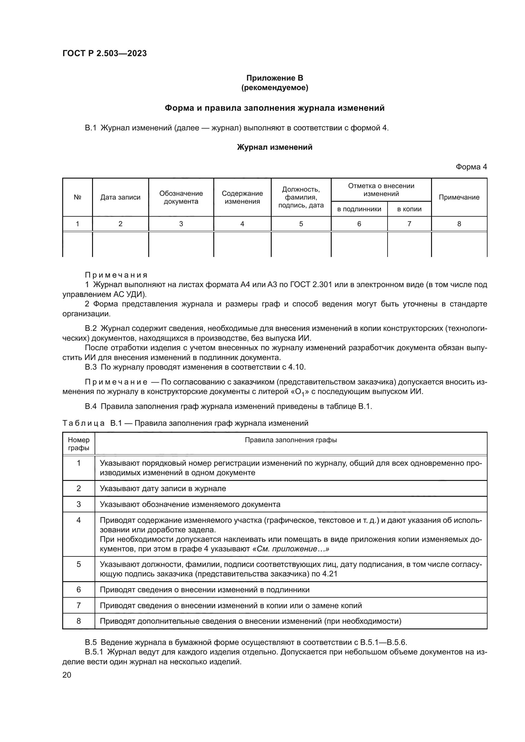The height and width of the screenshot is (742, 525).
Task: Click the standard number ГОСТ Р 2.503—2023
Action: [104, 53]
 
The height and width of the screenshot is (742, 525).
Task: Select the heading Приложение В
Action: [275, 78]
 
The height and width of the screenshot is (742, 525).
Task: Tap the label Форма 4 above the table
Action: [471, 167]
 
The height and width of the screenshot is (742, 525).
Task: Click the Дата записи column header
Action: [120, 197]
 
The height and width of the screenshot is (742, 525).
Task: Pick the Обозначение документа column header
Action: [181, 197]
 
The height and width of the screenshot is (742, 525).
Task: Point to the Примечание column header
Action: [459, 197]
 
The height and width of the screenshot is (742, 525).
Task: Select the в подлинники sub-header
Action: [359, 209]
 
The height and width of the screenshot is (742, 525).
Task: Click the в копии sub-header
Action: [409, 209]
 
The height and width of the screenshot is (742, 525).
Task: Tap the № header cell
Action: [77, 197]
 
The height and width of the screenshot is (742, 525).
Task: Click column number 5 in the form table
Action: [301, 224]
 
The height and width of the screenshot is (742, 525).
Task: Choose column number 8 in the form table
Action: [459, 224]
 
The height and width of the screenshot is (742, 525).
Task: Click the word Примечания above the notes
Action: [116, 275]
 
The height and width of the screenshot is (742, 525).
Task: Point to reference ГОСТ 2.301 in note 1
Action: [311, 285]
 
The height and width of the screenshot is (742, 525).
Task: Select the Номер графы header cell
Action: [78, 444]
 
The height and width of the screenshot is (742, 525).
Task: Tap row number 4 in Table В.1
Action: [78, 520]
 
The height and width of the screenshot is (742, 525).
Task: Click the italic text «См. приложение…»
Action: [290, 549]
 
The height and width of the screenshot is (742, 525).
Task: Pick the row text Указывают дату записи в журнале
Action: [163, 488]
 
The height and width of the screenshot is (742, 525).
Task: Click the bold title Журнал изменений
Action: [275, 148]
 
